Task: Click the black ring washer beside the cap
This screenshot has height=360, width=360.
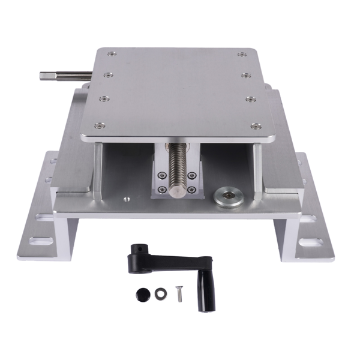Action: point(160,294)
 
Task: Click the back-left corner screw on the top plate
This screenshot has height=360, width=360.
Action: point(110,54)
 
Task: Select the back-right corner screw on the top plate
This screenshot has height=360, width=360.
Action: point(241,55)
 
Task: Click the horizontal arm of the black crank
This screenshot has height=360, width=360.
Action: point(171,260)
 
